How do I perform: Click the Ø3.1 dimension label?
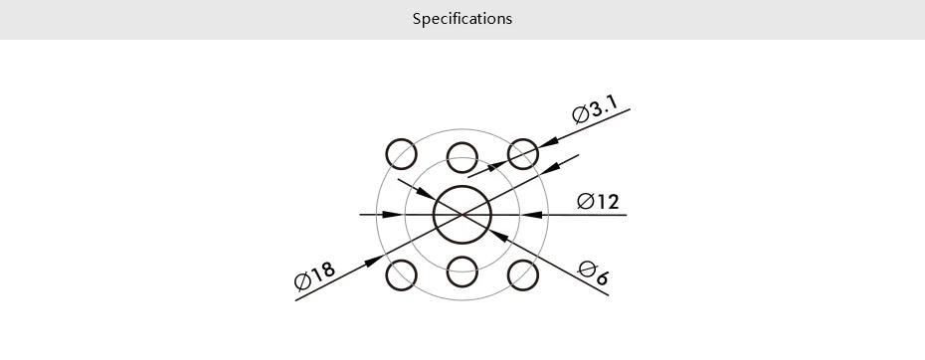(x=596, y=109)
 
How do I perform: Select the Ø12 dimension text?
(x=598, y=202)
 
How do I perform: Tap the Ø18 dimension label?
(x=315, y=275)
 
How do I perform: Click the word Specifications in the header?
(x=462, y=19)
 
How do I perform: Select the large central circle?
(x=462, y=214)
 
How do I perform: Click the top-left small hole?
(x=402, y=154)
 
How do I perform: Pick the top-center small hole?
(x=462, y=157)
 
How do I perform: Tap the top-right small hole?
(x=523, y=154)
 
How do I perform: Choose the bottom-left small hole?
(x=402, y=274)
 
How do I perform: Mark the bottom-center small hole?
(x=462, y=271)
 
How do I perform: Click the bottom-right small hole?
(x=523, y=274)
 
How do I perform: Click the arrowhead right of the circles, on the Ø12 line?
(x=531, y=214)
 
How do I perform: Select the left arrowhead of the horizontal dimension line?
(x=393, y=214)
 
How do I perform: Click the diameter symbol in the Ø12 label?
(x=586, y=202)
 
